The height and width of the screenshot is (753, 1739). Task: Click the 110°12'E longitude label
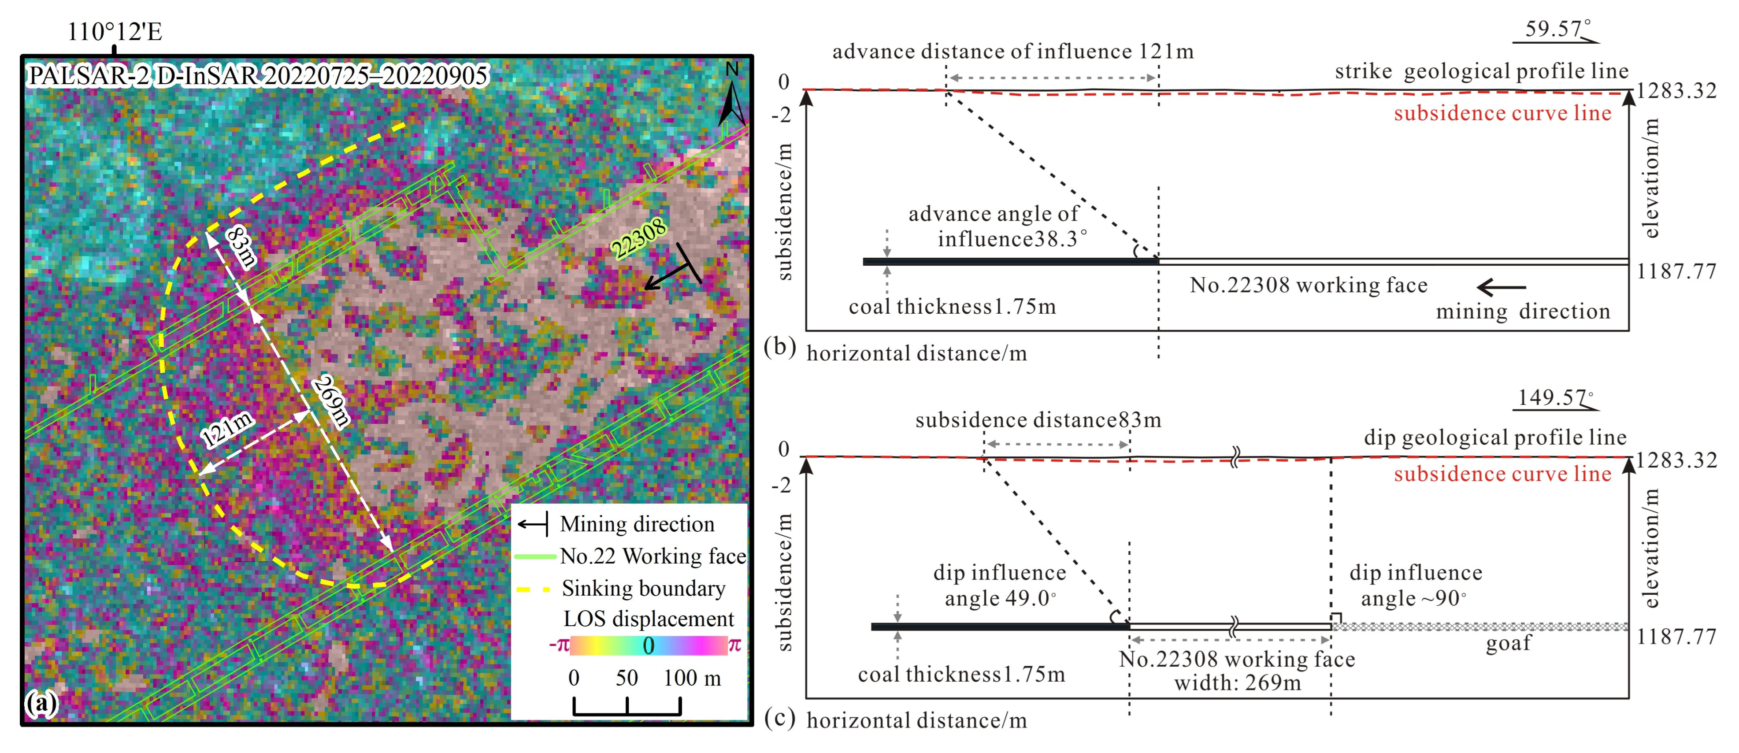(115, 32)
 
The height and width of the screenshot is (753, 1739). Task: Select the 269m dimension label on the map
(331, 403)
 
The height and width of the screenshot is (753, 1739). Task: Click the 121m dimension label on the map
(227, 429)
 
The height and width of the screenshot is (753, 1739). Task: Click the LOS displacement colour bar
(648, 645)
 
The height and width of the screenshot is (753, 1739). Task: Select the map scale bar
(627, 706)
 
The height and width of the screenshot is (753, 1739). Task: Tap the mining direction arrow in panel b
(1501, 288)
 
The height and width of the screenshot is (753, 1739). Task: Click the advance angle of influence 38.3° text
(998, 226)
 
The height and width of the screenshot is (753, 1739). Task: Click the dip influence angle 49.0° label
(1000, 585)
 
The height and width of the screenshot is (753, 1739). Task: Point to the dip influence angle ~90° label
(1416, 585)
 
